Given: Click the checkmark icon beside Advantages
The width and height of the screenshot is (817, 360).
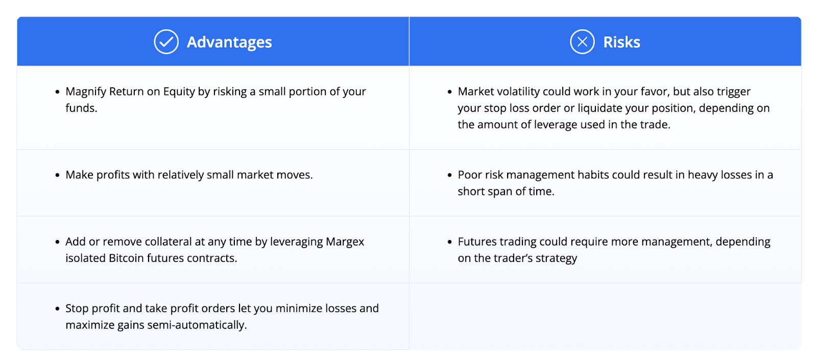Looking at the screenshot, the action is [166, 42].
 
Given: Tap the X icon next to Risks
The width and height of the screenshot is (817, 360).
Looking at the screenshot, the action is [582, 42].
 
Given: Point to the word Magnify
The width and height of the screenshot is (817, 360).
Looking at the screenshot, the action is [86, 92].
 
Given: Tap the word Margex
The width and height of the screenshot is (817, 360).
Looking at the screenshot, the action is [345, 242].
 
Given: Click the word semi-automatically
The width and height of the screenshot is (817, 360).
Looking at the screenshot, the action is [197, 325].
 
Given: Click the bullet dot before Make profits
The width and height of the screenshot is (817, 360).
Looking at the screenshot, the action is [57, 176].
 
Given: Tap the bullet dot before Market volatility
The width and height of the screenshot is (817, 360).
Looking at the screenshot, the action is [450, 92].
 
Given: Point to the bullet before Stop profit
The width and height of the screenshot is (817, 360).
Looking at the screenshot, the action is [57, 309].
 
